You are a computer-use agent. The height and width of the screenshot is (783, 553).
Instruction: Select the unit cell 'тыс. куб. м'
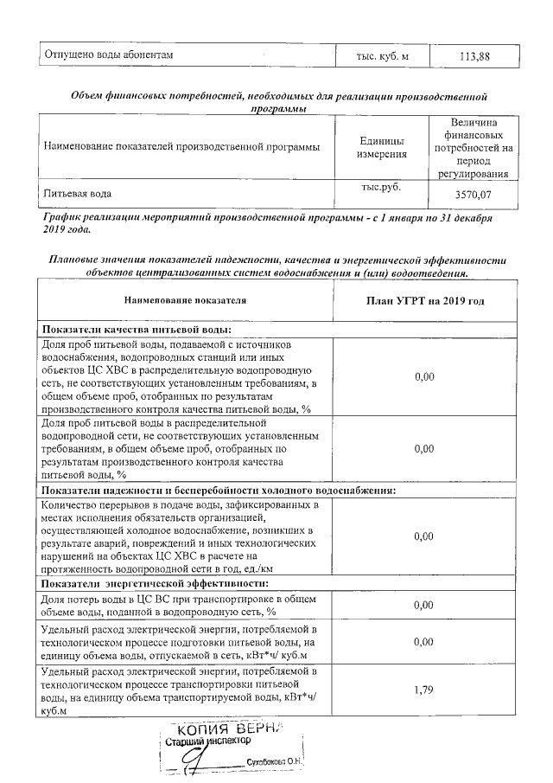coord(383,56)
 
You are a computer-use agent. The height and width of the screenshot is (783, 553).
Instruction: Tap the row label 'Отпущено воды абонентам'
coord(110,56)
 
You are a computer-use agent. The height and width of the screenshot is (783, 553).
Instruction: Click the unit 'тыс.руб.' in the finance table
coord(383,187)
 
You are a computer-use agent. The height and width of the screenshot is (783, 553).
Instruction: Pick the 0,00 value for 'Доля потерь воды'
coord(423,605)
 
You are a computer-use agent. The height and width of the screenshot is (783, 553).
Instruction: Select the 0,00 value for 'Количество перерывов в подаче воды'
coord(423,536)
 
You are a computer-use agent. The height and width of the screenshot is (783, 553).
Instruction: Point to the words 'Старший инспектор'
coord(207,741)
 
